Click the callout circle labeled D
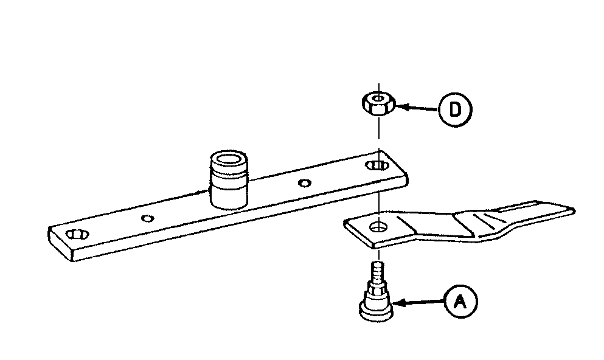pos(456,109)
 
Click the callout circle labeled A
pos(460,302)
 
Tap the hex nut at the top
pos(379,103)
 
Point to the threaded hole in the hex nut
pos(379,99)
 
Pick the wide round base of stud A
pos(377,311)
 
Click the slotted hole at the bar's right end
pos(377,166)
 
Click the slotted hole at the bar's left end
pos(77,234)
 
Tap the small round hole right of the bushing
pos(305,183)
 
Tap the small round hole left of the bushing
pos(148,219)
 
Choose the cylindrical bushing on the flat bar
pos(229,179)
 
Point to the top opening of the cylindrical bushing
pos(229,159)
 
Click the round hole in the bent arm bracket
pos(379,227)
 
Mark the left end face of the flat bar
pos(60,244)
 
